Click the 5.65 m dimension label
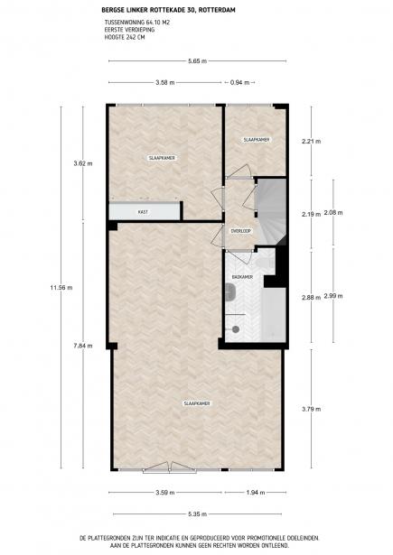pyautogui.click(x=197, y=60)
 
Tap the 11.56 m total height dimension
pyautogui.click(x=61, y=288)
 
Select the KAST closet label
pyautogui.click(x=143, y=212)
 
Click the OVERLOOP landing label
pyautogui.click(x=241, y=231)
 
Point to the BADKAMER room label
pyautogui.click(x=242, y=277)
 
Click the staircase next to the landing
pyautogui.click(x=271, y=212)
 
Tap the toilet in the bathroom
pyautogui.click(x=267, y=263)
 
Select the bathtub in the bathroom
pyautogui.click(x=274, y=315)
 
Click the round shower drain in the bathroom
pyautogui.click(x=236, y=329)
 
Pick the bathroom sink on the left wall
pyautogui.click(x=230, y=292)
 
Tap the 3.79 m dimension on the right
pyautogui.click(x=311, y=409)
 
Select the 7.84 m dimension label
pyautogui.click(x=83, y=346)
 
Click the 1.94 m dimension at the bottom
pyautogui.click(x=255, y=493)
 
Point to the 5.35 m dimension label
pyautogui.click(x=197, y=514)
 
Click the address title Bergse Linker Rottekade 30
pyautogui.click(x=147, y=10)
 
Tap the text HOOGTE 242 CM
pyautogui.click(x=125, y=37)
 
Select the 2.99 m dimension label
pyautogui.click(x=333, y=296)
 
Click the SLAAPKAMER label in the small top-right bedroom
pyautogui.click(x=257, y=140)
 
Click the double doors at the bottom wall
pyautogui.click(x=169, y=467)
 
